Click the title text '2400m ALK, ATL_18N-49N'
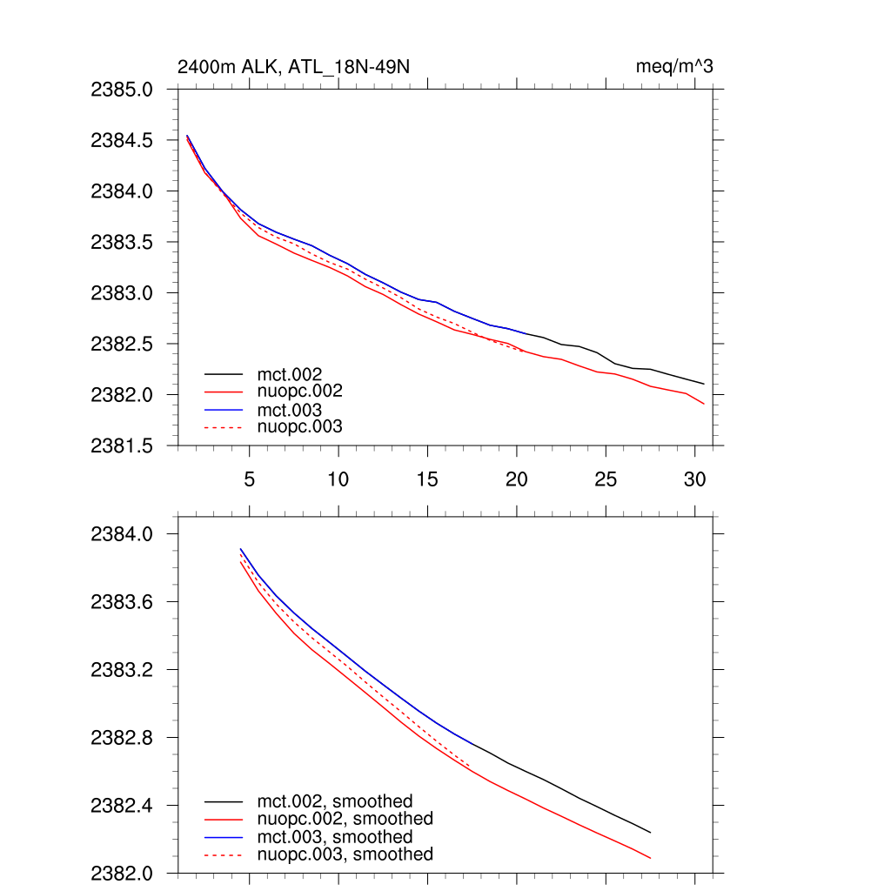pos(292,67)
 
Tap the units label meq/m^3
pos(676,67)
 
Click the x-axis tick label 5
pos(250,479)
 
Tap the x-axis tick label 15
pos(427,479)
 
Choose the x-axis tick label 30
pos(694,479)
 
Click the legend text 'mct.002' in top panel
pos(284,374)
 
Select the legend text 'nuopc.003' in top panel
pos(299,427)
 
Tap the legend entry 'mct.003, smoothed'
pos(334,837)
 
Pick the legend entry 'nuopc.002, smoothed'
pos(345,819)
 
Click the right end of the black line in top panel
pos(703,384)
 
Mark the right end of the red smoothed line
pos(650,859)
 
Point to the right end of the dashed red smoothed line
pos(471,766)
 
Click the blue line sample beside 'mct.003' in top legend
pos(224,410)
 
